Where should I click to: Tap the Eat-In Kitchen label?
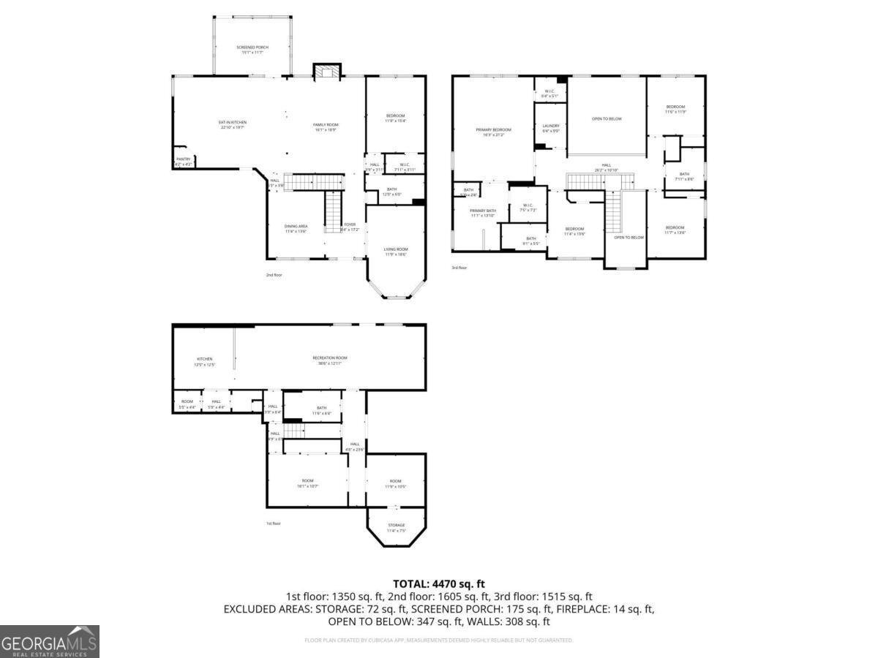pyautogui.click(x=232, y=124)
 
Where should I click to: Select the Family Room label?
pyautogui.click(x=326, y=127)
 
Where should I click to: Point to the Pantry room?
pyautogui.click(x=183, y=162)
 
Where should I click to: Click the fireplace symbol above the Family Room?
pyautogui.click(x=327, y=71)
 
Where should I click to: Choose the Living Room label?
pyautogui.click(x=396, y=252)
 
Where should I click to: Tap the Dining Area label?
pyautogui.click(x=296, y=229)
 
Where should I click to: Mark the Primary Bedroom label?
pyautogui.click(x=493, y=132)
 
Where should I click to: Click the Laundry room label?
pyautogui.click(x=550, y=128)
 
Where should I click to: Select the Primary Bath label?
pyautogui.click(x=483, y=213)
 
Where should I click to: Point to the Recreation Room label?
pyautogui.click(x=330, y=360)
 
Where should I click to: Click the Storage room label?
pyautogui.click(x=396, y=527)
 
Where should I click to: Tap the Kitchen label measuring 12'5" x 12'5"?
pyautogui.click(x=204, y=361)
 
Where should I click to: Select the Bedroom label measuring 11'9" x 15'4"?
pyautogui.click(x=395, y=118)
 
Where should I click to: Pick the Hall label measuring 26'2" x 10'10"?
pyautogui.click(x=606, y=167)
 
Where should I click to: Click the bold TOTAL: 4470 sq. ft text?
pyautogui.click(x=439, y=583)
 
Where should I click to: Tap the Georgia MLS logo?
pyautogui.click(x=49, y=641)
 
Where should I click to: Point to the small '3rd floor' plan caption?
pyautogui.click(x=459, y=268)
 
